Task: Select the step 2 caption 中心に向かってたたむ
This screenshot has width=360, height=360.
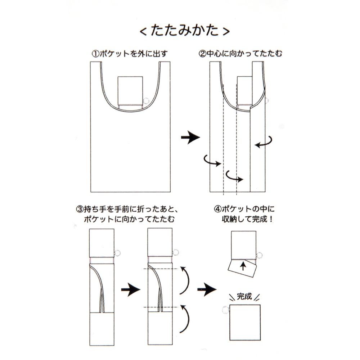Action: tap(244, 54)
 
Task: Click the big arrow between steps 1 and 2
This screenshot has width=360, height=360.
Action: tap(190, 138)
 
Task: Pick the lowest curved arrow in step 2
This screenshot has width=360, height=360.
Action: tap(234, 177)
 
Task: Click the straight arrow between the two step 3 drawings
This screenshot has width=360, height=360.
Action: tap(130, 289)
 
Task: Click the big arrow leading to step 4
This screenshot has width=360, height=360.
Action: tap(207, 289)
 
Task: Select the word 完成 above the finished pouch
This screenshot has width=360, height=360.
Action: tap(244, 296)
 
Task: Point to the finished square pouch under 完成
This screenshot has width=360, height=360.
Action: tap(245, 322)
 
